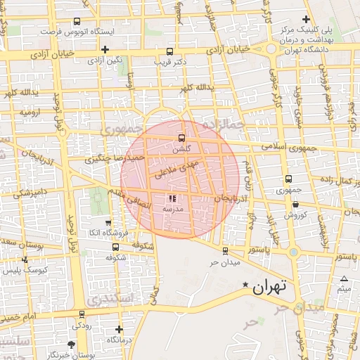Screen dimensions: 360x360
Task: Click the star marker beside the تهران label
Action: (x=245, y=285)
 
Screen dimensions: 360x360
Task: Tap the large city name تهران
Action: (x=270, y=287)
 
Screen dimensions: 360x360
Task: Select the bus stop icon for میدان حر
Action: (x=225, y=251)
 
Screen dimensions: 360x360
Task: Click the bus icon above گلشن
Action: (x=182, y=138)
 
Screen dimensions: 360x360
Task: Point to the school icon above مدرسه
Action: (x=173, y=199)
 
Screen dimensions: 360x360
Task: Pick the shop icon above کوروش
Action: (x=295, y=205)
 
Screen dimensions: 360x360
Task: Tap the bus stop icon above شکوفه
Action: (x=115, y=247)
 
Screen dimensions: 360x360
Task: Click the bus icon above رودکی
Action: (x=82, y=314)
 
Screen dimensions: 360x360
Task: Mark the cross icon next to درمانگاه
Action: (x=119, y=328)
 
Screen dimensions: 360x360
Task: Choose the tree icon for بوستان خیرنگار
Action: (x=71, y=345)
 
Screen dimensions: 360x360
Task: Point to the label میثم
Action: (x=344, y=289)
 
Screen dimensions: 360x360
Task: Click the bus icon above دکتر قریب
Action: (x=169, y=51)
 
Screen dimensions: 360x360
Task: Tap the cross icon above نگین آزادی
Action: (x=105, y=49)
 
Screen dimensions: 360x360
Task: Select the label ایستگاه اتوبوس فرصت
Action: (x=76, y=32)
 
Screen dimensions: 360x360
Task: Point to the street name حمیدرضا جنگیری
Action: (x=115, y=159)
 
